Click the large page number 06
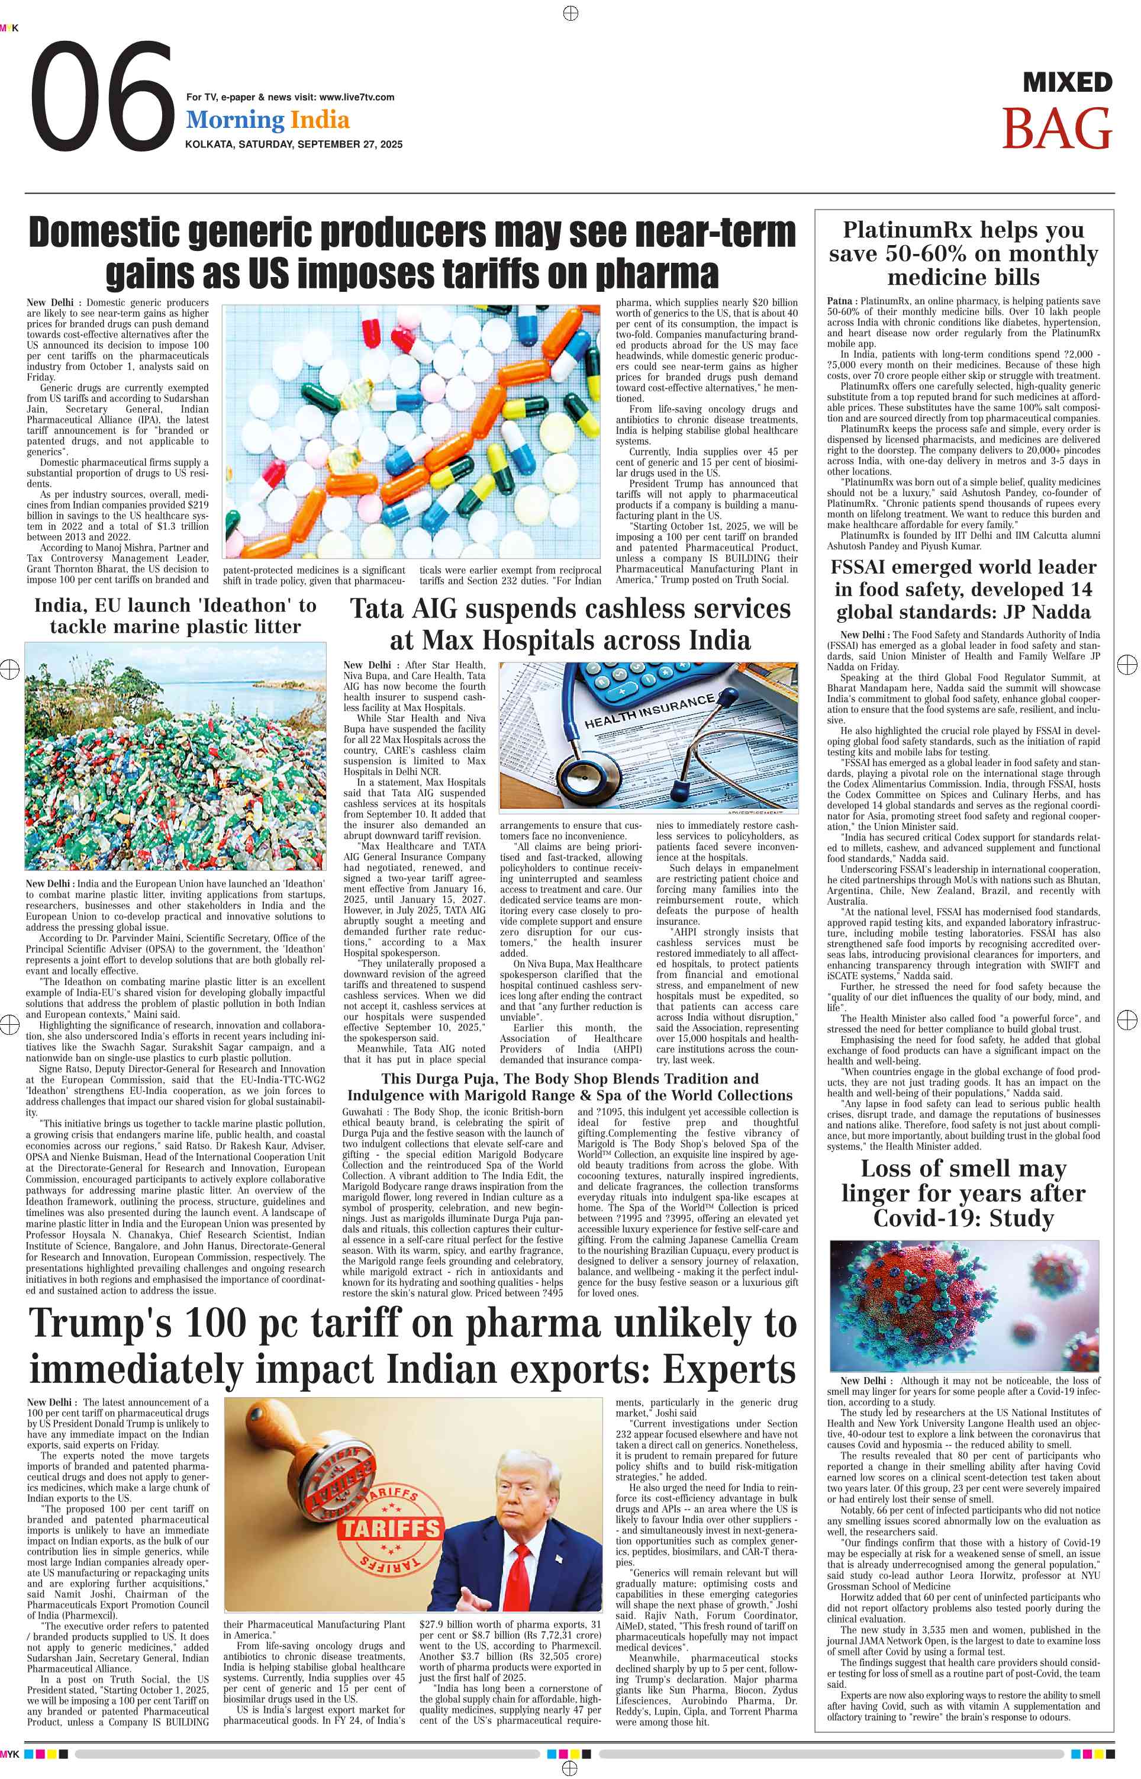102,96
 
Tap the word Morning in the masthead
235,120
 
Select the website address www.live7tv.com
356,97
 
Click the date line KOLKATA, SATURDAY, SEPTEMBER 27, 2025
294,144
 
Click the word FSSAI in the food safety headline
867,568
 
